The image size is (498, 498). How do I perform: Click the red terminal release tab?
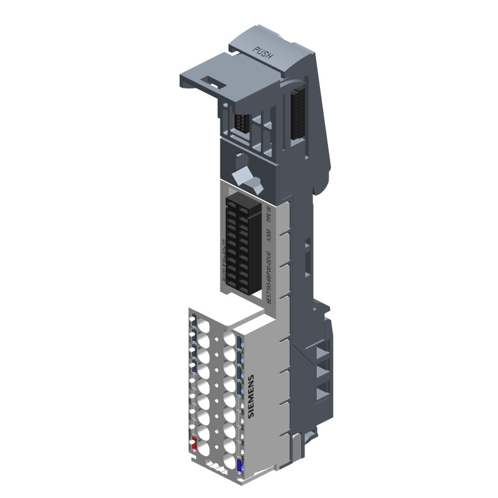(x=194, y=444)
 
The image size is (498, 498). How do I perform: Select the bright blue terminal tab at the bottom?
(x=240, y=464)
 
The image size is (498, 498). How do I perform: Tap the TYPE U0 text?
(x=269, y=215)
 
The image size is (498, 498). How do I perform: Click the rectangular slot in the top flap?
(x=213, y=80)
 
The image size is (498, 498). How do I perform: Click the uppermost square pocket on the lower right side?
(x=322, y=352)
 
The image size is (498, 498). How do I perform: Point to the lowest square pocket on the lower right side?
(x=322, y=393)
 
